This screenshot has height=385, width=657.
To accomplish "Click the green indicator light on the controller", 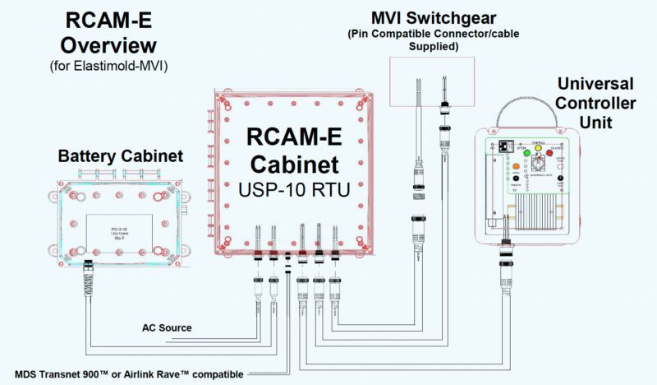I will tap(520, 150).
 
